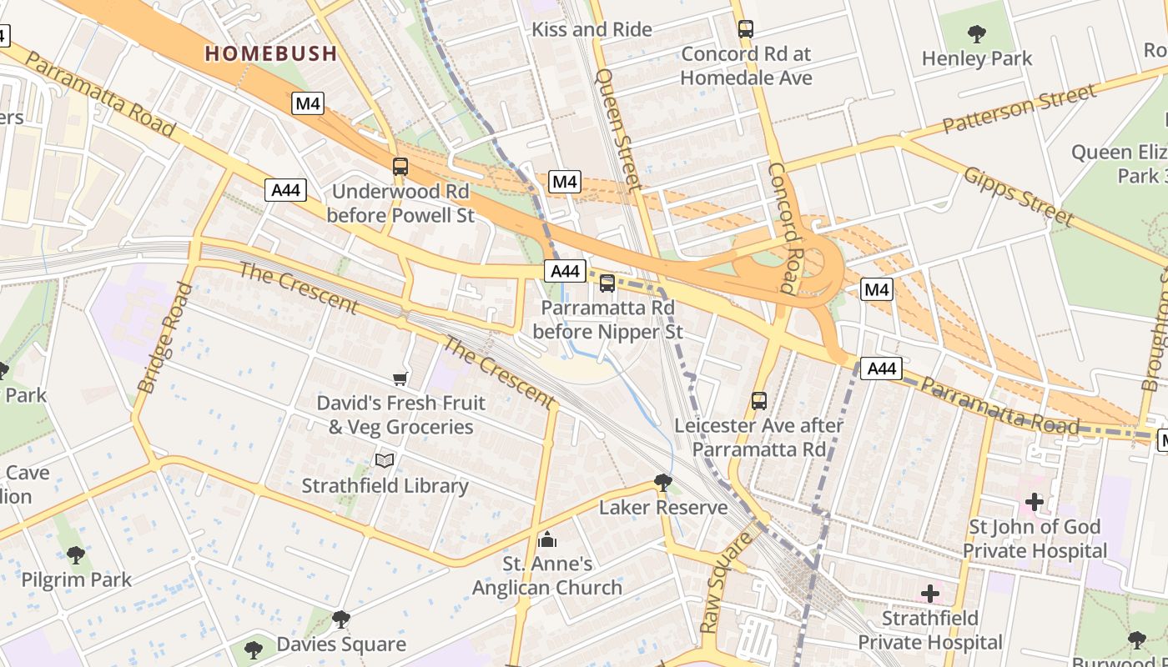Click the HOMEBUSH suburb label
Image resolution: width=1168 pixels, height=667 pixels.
click(x=271, y=54)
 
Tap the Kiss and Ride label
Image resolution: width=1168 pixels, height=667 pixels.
click(x=592, y=30)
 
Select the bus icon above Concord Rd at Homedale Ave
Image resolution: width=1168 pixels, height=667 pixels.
click(x=746, y=29)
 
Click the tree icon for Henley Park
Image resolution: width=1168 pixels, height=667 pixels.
click(x=976, y=34)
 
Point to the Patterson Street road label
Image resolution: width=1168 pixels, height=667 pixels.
click(x=1019, y=108)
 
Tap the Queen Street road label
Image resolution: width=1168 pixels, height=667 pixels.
click(x=618, y=129)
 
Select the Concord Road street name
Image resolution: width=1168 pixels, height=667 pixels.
click(x=783, y=228)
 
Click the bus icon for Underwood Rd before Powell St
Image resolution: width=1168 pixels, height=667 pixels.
click(x=400, y=167)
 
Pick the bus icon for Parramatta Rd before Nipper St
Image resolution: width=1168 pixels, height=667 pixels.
click(x=607, y=283)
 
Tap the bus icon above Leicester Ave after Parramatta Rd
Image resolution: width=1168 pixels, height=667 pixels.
click(x=758, y=401)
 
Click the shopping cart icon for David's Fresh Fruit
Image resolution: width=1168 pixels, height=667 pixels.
click(x=400, y=379)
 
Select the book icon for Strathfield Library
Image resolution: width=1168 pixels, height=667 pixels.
click(x=385, y=461)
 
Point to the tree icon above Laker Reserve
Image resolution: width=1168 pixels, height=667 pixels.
click(x=662, y=482)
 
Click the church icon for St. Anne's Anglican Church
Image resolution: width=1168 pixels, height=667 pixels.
click(x=547, y=539)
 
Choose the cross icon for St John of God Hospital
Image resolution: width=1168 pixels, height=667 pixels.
click(x=1035, y=502)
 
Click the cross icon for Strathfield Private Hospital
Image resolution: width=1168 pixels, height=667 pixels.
click(x=930, y=594)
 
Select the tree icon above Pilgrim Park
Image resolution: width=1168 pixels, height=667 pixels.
click(x=76, y=554)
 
